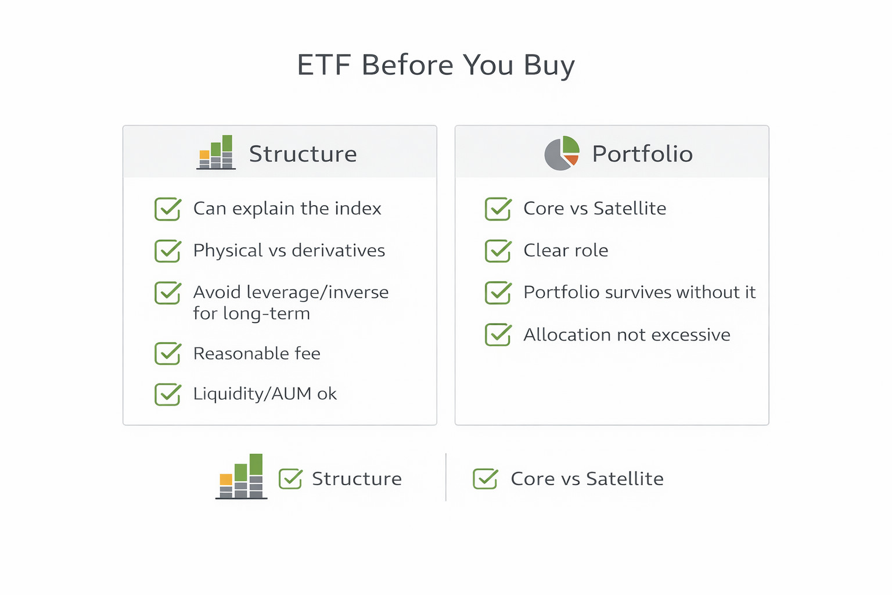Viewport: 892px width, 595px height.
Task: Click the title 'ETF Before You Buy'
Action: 436,65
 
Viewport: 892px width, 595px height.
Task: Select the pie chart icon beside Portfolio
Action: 562,153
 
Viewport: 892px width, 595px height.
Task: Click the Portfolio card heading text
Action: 642,154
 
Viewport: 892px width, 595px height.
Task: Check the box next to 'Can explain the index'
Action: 168,209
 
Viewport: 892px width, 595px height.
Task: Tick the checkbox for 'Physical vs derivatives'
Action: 168,250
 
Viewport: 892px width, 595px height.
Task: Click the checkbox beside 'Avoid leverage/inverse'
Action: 168,293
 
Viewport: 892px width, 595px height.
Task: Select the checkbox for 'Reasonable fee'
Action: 168,353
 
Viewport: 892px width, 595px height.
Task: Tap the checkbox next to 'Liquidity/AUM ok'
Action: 168,394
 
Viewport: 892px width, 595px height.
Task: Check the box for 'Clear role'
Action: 498,250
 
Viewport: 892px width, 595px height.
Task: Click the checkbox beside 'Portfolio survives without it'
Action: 498,293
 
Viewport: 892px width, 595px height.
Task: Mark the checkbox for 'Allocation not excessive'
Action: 498,335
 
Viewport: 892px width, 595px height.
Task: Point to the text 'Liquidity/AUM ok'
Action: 265,394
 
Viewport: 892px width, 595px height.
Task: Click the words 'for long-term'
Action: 251,314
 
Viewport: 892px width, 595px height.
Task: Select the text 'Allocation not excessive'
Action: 627,335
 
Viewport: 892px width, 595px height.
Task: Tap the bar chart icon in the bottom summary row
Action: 241,476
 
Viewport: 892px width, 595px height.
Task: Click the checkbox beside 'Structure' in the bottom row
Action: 290,479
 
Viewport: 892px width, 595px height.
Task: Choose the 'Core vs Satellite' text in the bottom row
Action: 587,479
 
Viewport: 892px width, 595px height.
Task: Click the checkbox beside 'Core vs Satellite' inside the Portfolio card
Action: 498,209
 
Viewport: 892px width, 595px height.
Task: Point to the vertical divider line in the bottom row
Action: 446,477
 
